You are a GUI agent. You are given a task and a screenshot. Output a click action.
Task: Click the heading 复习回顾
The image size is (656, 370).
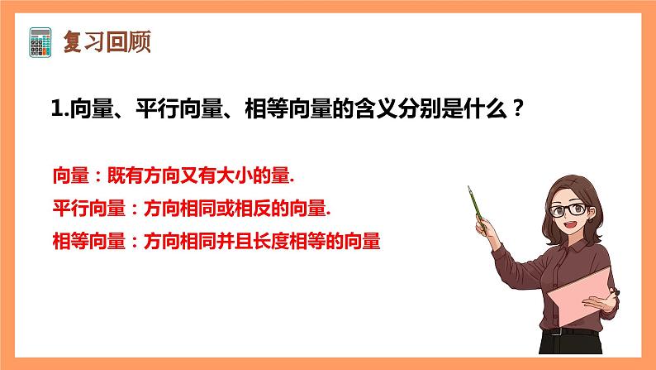coord(107,41)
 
